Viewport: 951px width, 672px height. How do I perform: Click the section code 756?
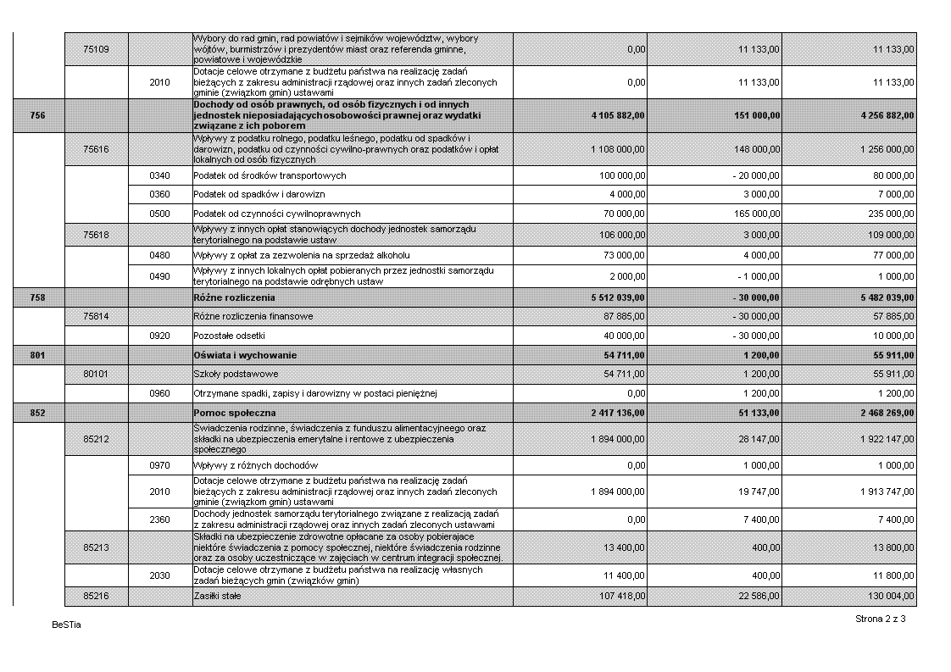click(x=37, y=115)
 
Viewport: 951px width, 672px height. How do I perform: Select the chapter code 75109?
click(x=96, y=49)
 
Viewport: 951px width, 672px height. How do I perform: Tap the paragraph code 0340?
click(x=159, y=175)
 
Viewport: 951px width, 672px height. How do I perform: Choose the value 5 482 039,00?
click(x=881, y=298)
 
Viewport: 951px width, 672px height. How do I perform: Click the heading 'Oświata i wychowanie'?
click(x=246, y=355)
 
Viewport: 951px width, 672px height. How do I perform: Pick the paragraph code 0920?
click(x=159, y=336)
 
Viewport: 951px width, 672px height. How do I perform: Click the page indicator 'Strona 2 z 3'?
click(x=881, y=619)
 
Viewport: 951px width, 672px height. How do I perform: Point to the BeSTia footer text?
click(x=65, y=625)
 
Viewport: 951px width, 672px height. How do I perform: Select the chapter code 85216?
click(x=96, y=597)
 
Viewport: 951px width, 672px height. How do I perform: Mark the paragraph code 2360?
click(x=159, y=519)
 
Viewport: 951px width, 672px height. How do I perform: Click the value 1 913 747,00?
click(x=881, y=492)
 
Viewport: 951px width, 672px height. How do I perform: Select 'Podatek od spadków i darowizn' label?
click(x=253, y=194)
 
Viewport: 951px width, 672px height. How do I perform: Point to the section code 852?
click(x=37, y=413)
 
